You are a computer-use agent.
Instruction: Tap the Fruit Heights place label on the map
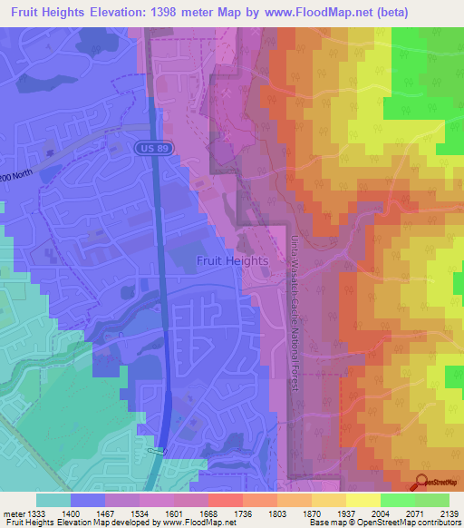click(x=232, y=260)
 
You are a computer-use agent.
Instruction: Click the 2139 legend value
click(x=446, y=514)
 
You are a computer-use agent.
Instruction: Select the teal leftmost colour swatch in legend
click(x=53, y=500)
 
